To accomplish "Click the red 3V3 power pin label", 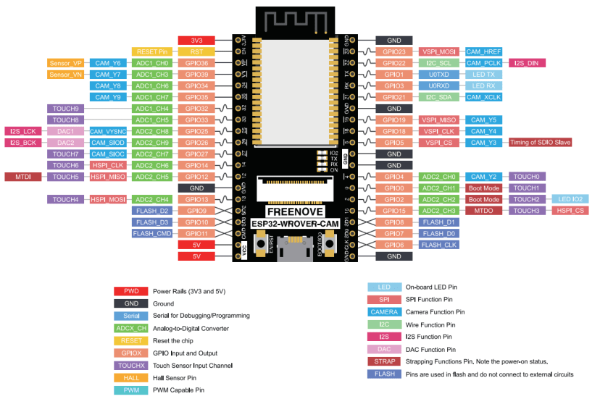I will coord(196,40).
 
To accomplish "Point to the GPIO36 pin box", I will coord(196,63).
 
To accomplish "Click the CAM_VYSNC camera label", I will coord(108,131).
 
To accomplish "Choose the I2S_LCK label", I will coord(22,131).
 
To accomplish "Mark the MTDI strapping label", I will coord(22,177).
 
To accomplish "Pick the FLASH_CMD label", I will coord(151,234).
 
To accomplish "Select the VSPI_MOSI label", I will coord(438,51).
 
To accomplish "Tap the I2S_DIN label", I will coord(528,63).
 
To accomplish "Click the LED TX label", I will coord(483,75).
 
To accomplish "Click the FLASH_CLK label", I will coord(438,245).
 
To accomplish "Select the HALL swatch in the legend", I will coord(131,377).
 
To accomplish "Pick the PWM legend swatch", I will coord(131,390).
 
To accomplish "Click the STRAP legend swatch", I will coord(385,361).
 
